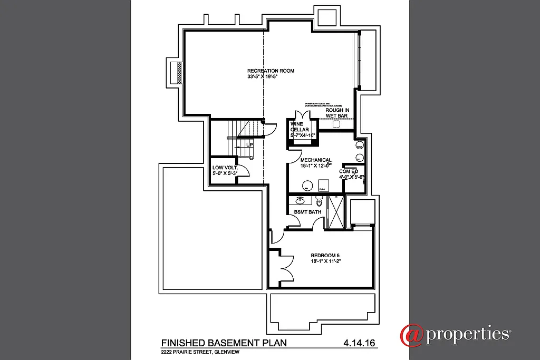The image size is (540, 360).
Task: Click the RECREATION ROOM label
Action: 271,71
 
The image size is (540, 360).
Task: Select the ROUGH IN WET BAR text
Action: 337,113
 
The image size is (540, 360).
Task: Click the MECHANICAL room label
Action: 315,160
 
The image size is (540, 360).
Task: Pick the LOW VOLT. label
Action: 225,167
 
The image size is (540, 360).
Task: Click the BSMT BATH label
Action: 307,211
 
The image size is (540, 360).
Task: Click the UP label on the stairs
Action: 249,144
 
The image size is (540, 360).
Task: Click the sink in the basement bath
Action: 300,200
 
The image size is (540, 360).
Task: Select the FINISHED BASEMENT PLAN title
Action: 224,343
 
